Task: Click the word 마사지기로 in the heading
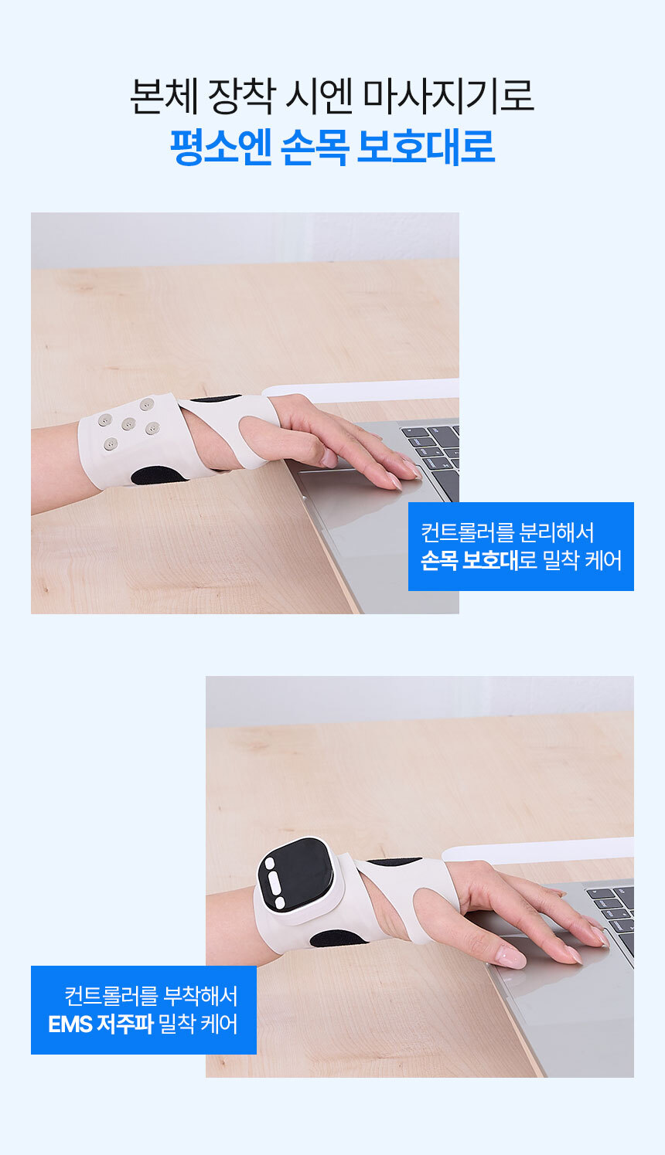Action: click(448, 97)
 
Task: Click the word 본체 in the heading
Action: click(164, 97)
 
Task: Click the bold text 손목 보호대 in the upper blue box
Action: click(469, 560)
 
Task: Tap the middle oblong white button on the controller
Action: click(275, 883)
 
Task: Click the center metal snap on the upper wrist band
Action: click(128, 424)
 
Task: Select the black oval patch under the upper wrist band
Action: click(159, 475)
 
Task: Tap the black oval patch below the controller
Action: click(338, 938)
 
